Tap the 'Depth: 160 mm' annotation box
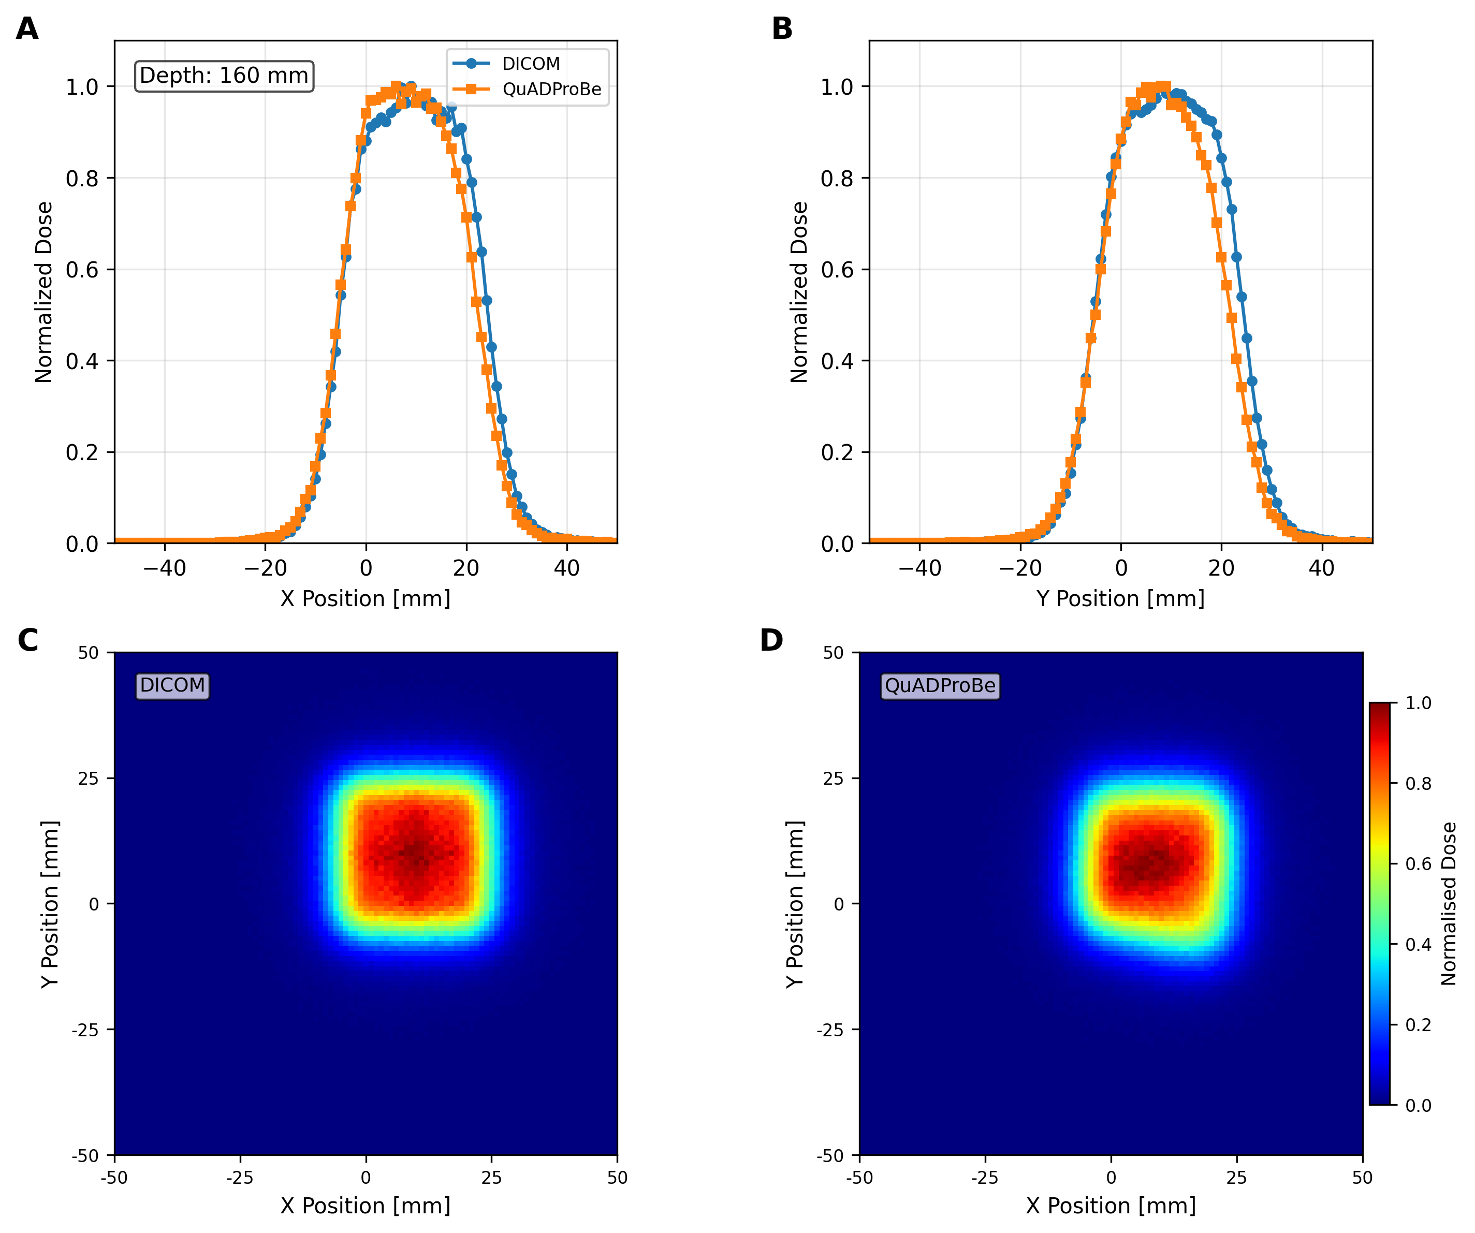tap(224, 76)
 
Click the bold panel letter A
tap(27, 29)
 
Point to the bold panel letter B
tap(782, 29)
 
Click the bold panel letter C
tap(27, 640)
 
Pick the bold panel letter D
tap(771, 640)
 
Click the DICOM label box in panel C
tap(173, 685)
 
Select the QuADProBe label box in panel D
tap(940, 685)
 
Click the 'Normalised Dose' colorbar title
tap(1448, 904)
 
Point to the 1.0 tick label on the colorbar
tap(1418, 703)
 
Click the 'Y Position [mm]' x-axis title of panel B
tap(1120, 599)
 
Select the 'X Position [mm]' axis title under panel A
tap(365, 599)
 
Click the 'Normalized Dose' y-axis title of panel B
tap(799, 292)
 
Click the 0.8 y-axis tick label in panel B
tap(837, 179)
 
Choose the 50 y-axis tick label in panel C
tap(89, 653)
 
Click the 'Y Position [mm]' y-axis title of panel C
tap(50, 904)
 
